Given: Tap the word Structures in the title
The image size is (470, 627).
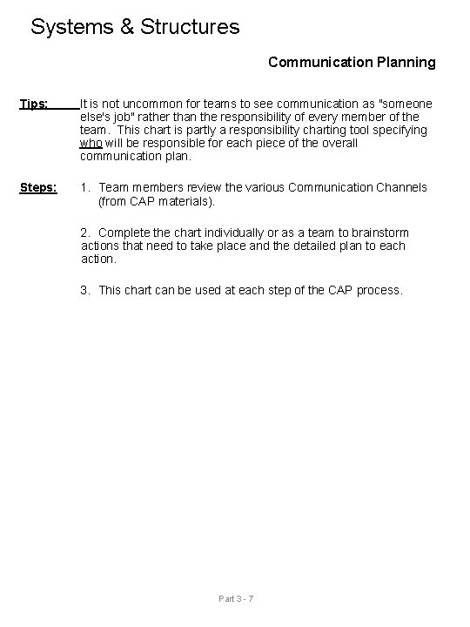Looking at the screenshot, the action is (188, 27).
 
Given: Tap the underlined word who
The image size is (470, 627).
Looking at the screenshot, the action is (91, 143).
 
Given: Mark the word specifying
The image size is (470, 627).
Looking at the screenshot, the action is (399, 130).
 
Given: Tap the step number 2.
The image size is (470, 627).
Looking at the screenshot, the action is (84, 233).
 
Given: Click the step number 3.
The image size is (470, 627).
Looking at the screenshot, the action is (84, 290).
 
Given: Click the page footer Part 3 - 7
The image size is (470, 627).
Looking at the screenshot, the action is (235, 598).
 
